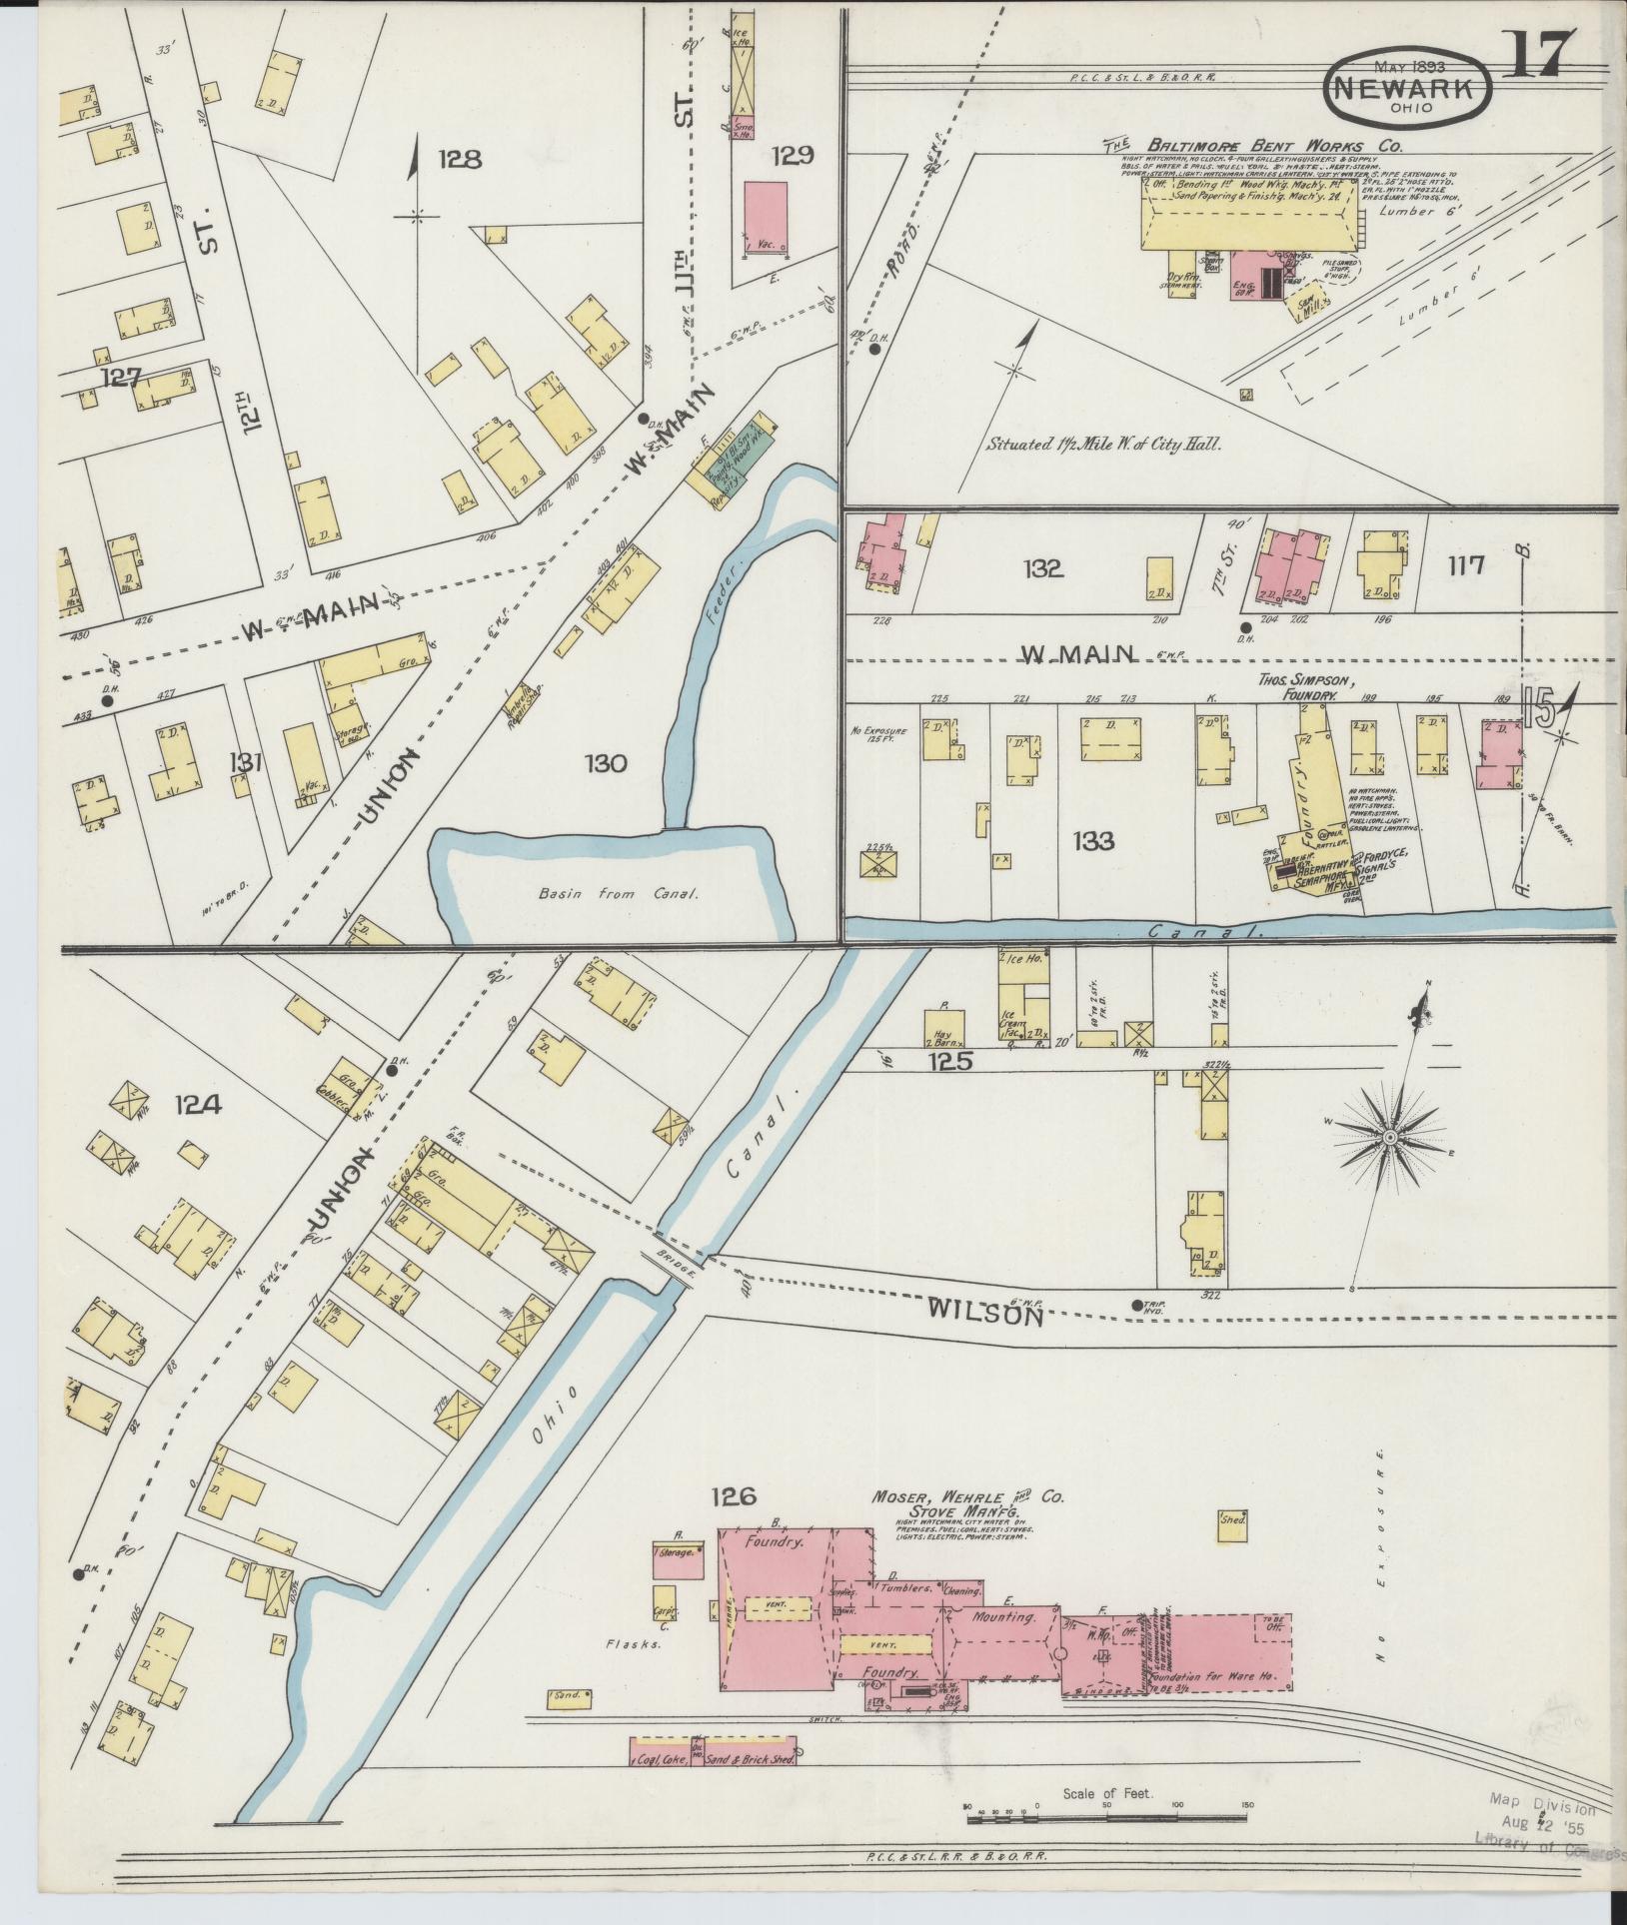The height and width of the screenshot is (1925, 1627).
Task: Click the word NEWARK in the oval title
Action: [x=1408, y=88]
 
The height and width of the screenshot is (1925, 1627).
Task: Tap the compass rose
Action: [x=1390, y=1138]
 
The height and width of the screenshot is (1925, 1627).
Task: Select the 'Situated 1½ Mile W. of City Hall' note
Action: [x=1104, y=445]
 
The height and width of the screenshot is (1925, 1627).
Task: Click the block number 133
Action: [x=1093, y=841]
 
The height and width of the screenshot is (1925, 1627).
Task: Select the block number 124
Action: [x=198, y=1104]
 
